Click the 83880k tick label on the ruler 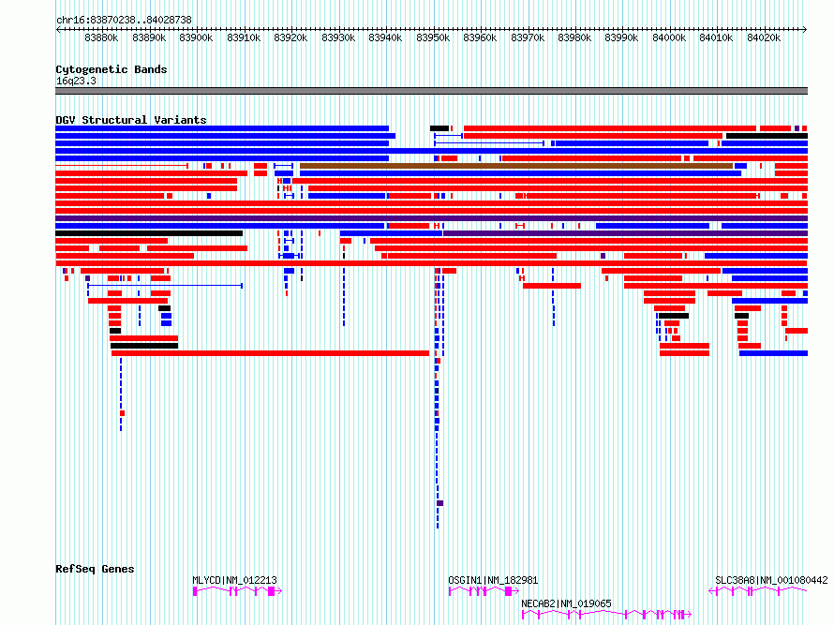(101, 37)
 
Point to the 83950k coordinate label (433, 37)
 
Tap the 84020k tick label (764, 37)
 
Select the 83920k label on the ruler (290, 37)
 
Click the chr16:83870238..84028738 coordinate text (124, 20)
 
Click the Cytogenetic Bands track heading (112, 69)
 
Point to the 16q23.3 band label (76, 81)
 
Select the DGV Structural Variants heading (131, 120)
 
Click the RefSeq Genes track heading (95, 569)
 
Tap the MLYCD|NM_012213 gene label (234, 580)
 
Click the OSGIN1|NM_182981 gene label (493, 580)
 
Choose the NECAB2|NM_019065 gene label (566, 603)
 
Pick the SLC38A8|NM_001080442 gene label (771, 580)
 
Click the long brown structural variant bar (516, 166)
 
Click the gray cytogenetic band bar (431, 91)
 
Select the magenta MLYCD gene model (237, 591)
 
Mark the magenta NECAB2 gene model (606, 615)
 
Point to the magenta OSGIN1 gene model (484, 591)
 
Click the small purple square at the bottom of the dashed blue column (439, 503)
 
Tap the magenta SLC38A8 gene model (758, 591)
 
